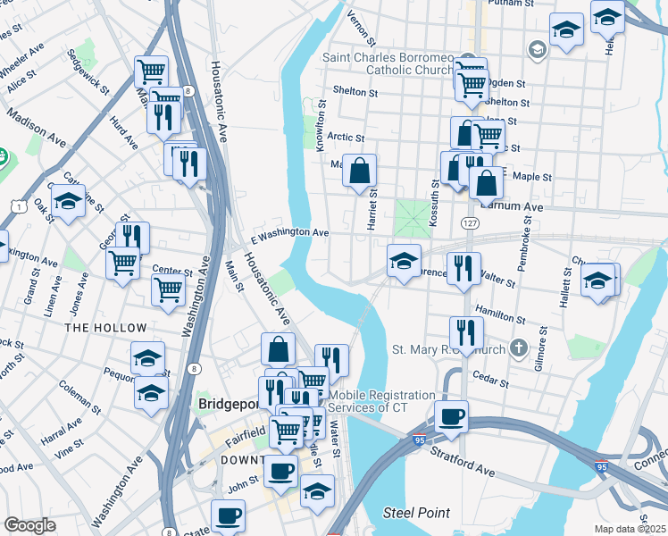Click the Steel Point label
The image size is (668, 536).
click(x=416, y=513)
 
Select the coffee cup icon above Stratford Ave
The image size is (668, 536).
click(x=451, y=417)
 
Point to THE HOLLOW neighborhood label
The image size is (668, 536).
click(x=94, y=328)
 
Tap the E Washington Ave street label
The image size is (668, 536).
click(x=290, y=232)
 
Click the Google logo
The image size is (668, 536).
click(x=29, y=525)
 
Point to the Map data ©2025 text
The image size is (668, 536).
click(x=630, y=529)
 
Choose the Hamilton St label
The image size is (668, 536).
click(x=499, y=315)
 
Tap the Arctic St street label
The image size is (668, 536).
click(x=346, y=138)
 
